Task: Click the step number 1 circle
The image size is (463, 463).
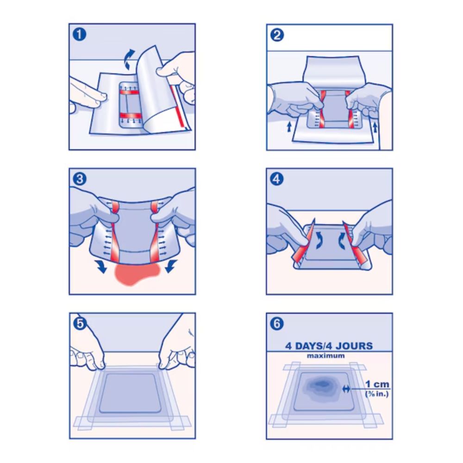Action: coord(80,35)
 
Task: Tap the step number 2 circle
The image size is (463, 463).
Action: coord(277,35)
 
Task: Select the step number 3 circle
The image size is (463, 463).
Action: coord(80,179)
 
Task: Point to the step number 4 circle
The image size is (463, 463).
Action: coord(277,179)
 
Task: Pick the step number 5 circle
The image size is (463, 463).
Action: coord(80,324)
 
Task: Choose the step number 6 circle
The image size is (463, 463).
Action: coord(277,324)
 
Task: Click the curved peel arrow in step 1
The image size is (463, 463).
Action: coord(129,60)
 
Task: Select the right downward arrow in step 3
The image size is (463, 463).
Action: coord(171,266)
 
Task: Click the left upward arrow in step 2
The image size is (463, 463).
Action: coord(289,127)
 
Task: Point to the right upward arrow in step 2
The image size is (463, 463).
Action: coord(375,127)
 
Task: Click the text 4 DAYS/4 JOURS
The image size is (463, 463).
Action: coord(329,346)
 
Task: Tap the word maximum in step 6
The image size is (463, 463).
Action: coord(325,356)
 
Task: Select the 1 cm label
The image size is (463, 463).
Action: coord(377,384)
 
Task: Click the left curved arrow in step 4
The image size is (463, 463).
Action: coord(319,239)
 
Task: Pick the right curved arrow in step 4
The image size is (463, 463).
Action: coord(341,239)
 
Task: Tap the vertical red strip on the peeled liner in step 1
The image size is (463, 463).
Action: coord(181,109)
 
